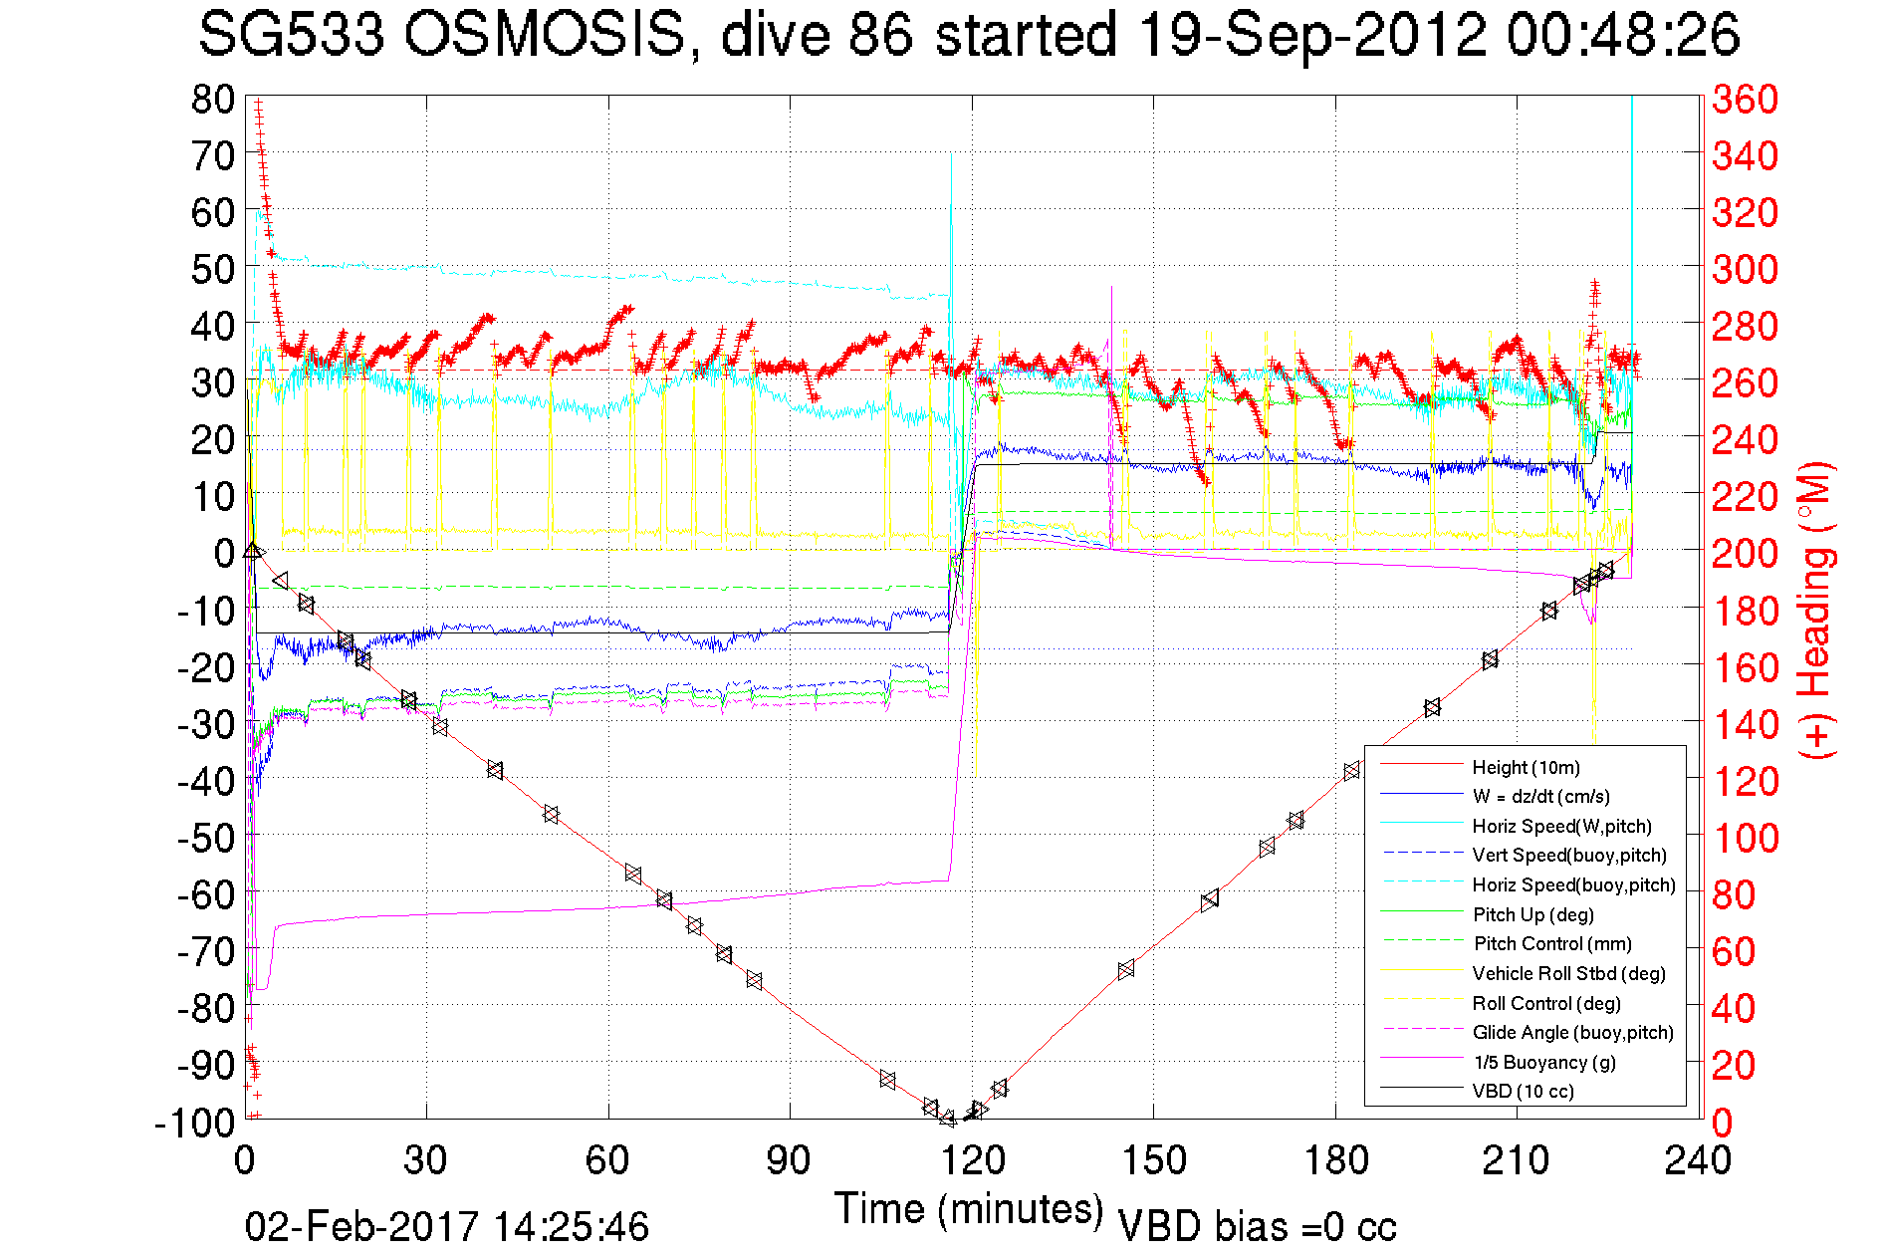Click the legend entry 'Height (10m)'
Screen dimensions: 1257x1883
[1526, 767]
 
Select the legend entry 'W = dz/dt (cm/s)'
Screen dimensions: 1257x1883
[1540, 797]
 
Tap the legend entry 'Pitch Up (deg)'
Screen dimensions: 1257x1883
[1532, 914]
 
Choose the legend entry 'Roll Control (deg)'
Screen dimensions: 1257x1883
[1545, 1003]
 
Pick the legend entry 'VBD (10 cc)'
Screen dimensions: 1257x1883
[1523, 1092]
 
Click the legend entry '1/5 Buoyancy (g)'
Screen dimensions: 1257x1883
[1544, 1062]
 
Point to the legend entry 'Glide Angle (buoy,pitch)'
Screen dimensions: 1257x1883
[1572, 1033]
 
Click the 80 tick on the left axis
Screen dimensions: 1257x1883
[212, 99]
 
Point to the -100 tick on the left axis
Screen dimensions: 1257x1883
[194, 1123]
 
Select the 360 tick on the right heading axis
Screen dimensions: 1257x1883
[1745, 99]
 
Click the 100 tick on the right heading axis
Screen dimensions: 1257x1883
[1745, 838]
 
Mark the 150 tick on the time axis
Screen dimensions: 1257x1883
[1154, 1160]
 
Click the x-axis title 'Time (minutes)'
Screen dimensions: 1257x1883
[969, 1209]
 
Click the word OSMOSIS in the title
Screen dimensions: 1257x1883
[546, 35]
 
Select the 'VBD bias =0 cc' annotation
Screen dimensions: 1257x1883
[1257, 1227]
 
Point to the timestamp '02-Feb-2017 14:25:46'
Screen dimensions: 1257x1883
[447, 1226]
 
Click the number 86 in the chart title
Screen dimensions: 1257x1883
[880, 35]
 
